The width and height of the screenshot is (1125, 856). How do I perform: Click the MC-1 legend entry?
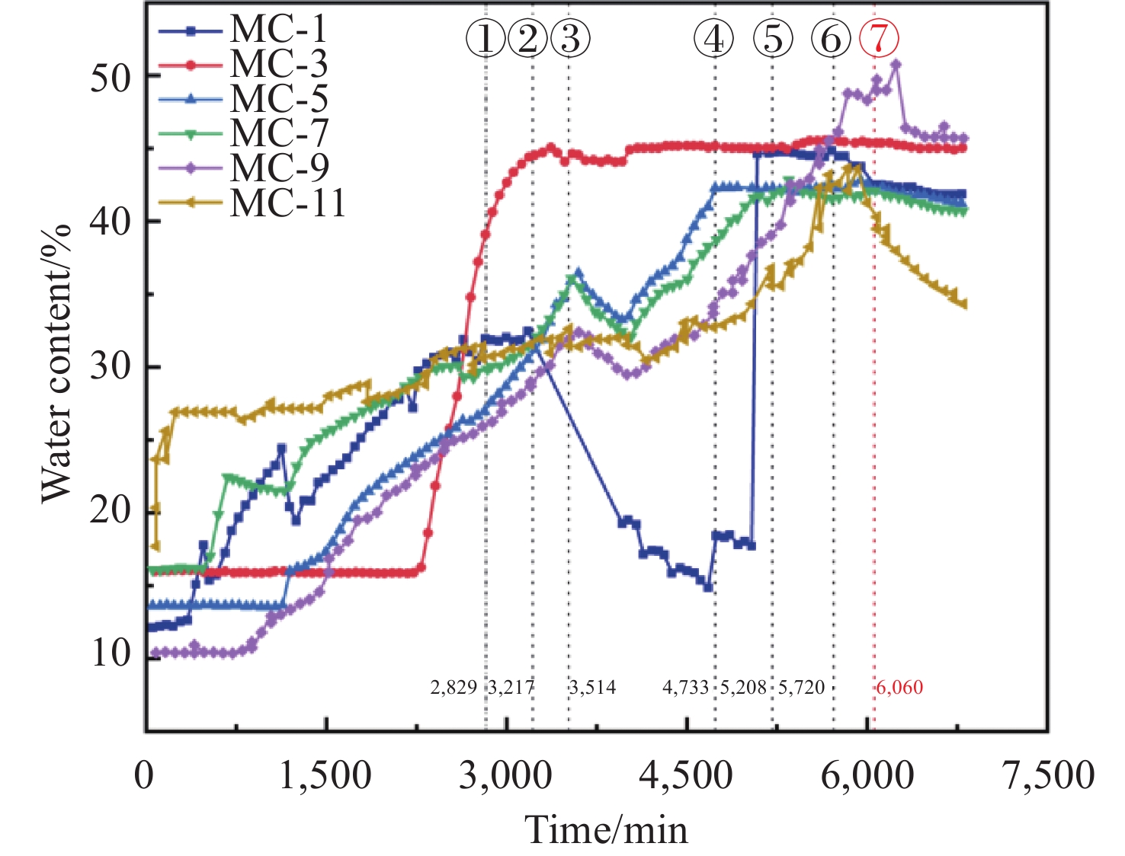(x=278, y=30)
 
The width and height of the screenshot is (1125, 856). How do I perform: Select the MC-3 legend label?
(x=278, y=64)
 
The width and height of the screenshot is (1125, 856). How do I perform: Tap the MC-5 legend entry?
(x=278, y=99)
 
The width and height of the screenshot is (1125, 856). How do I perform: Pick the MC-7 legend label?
(x=278, y=133)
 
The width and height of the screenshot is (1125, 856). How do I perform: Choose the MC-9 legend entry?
(x=278, y=168)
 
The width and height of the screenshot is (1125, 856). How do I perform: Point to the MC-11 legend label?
(x=287, y=203)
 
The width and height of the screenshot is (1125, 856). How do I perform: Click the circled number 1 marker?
(x=486, y=38)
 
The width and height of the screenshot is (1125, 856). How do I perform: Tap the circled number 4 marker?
(x=714, y=38)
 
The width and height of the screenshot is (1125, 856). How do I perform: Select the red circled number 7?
(x=879, y=38)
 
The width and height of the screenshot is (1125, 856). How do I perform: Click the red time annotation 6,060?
(x=899, y=688)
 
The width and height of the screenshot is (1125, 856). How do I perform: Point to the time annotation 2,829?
(x=454, y=688)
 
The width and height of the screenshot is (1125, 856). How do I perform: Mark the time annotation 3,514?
(x=593, y=688)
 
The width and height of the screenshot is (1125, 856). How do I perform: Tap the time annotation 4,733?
(x=686, y=688)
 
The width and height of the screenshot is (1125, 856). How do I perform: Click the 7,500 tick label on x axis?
(x=1049, y=776)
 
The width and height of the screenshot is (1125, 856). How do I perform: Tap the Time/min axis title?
(x=606, y=829)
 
